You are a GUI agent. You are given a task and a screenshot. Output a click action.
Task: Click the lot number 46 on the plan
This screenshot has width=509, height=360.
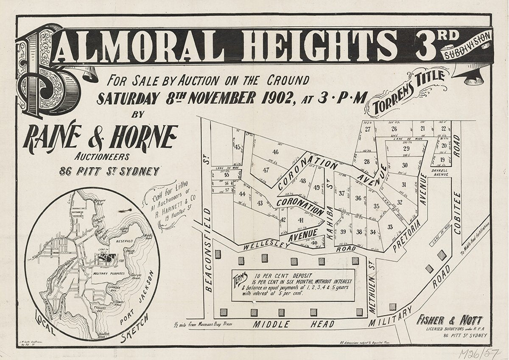tap(276, 152)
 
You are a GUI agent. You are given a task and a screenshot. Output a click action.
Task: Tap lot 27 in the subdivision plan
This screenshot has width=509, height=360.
tap(367, 130)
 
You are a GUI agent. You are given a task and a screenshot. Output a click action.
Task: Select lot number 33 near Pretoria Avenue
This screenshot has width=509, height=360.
tap(390, 227)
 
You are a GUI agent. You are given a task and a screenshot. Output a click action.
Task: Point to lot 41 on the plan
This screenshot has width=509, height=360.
tap(301, 220)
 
